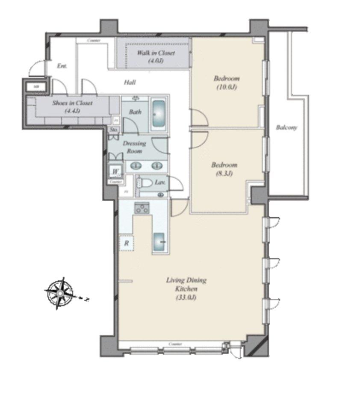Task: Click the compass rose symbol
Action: [x=60, y=293]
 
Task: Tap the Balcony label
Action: [x=286, y=127]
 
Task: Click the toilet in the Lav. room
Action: [x=144, y=184]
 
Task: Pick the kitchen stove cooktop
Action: [x=142, y=208]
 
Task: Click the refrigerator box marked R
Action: [x=127, y=243]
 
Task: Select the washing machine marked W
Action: [x=115, y=172]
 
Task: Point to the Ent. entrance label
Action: [x=62, y=66]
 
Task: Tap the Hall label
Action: [x=130, y=82]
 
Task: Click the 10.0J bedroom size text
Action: [x=227, y=87]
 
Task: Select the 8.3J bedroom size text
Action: [x=224, y=174]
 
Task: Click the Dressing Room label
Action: [x=134, y=147]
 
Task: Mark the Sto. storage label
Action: [x=113, y=129]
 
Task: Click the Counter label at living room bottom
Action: [x=175, y=344]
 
